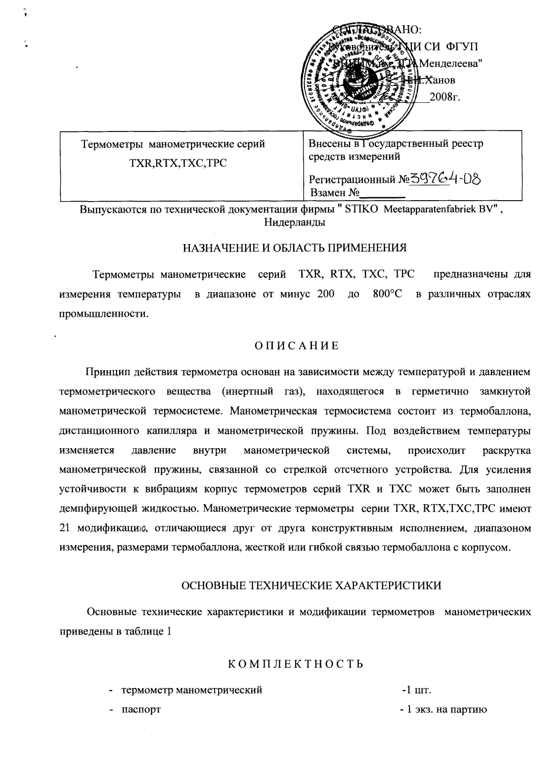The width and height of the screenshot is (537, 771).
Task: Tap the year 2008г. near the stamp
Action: pos(445,96)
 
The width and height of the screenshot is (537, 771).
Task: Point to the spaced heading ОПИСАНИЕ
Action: pos(296,345)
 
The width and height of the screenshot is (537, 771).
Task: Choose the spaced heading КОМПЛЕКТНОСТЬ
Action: pos(296,663)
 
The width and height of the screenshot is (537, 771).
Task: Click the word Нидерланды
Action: pos(295,222)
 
